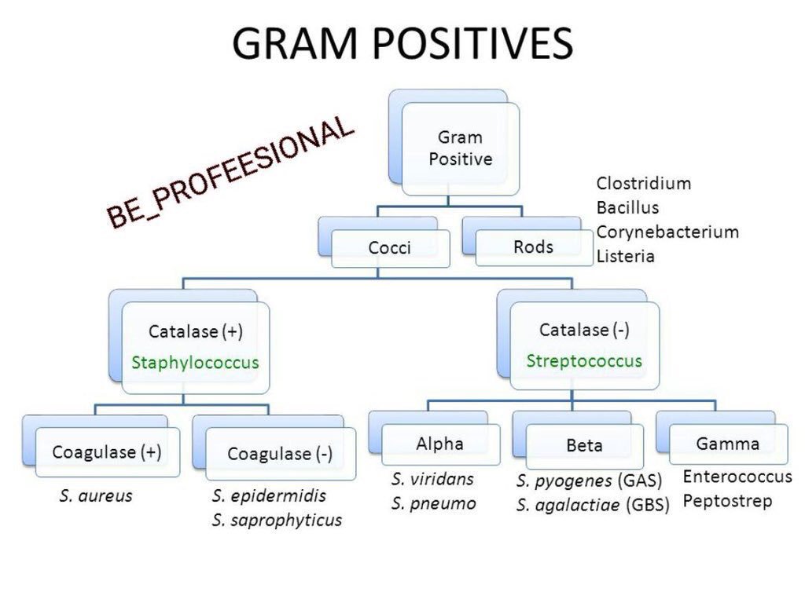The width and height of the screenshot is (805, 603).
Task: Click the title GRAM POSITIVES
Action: click(x=402, y=43)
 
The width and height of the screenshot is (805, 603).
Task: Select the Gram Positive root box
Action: click(x=460, y=148)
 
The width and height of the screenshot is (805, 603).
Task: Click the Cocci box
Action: click(x=390, y=248)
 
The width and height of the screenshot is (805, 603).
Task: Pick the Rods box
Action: click(x=533, y=247)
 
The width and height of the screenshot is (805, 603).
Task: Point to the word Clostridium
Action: click(x=643, y=184)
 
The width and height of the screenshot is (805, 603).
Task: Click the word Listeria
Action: click(x=625, y=256)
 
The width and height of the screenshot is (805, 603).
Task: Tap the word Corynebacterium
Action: click(x=667, y=232)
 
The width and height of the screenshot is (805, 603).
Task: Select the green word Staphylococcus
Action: click(x=196, y=363)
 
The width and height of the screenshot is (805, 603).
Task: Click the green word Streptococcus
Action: click(x=584, y=361)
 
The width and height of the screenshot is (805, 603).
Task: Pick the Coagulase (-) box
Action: click(x=280, y=454)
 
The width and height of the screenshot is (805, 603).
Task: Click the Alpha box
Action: click(x=439, y=444)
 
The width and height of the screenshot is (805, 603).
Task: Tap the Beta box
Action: click(x=584, y=446)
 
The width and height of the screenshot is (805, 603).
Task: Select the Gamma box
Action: click(x=727, y=444)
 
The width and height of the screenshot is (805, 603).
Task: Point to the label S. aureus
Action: click(x=96, y=496)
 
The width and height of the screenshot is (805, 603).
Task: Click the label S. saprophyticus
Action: click(x=277, y=521)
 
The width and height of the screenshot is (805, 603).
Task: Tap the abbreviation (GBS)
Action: click(x=648, y=506)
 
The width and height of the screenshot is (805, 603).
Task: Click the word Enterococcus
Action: click(x=737, y=477)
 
